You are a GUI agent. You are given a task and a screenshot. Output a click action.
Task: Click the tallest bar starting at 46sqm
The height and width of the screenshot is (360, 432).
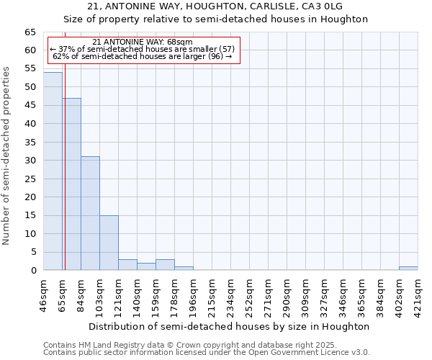(53, 171)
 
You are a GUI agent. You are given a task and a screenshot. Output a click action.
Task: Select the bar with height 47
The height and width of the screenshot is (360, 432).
(71, 184)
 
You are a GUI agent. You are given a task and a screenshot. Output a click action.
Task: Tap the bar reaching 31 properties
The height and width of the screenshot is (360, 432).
(90, 213)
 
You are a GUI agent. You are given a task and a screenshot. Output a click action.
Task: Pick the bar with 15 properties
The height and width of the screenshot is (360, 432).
(109, 243)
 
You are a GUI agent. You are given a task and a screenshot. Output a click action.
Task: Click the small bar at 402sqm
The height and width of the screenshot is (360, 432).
(408, 269)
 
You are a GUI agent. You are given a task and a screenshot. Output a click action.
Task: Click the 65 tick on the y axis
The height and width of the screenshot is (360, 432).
(30, 32)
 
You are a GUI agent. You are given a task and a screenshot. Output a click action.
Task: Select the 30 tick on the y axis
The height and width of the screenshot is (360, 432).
(30, 161)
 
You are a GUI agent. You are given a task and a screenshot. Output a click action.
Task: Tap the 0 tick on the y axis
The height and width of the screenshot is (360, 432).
(34, 271)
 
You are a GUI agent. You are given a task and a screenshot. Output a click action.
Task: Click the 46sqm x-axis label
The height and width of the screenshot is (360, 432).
(44, 294)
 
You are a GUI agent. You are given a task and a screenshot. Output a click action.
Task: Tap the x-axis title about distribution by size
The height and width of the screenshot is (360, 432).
(230, 326)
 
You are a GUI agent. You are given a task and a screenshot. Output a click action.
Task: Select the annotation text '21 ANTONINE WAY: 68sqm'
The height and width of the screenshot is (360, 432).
(143, 42)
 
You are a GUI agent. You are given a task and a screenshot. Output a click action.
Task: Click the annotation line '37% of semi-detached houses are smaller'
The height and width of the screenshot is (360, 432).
(143, 49)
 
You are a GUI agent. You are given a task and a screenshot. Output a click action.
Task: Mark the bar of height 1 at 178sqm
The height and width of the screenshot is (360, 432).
(184, 269)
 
